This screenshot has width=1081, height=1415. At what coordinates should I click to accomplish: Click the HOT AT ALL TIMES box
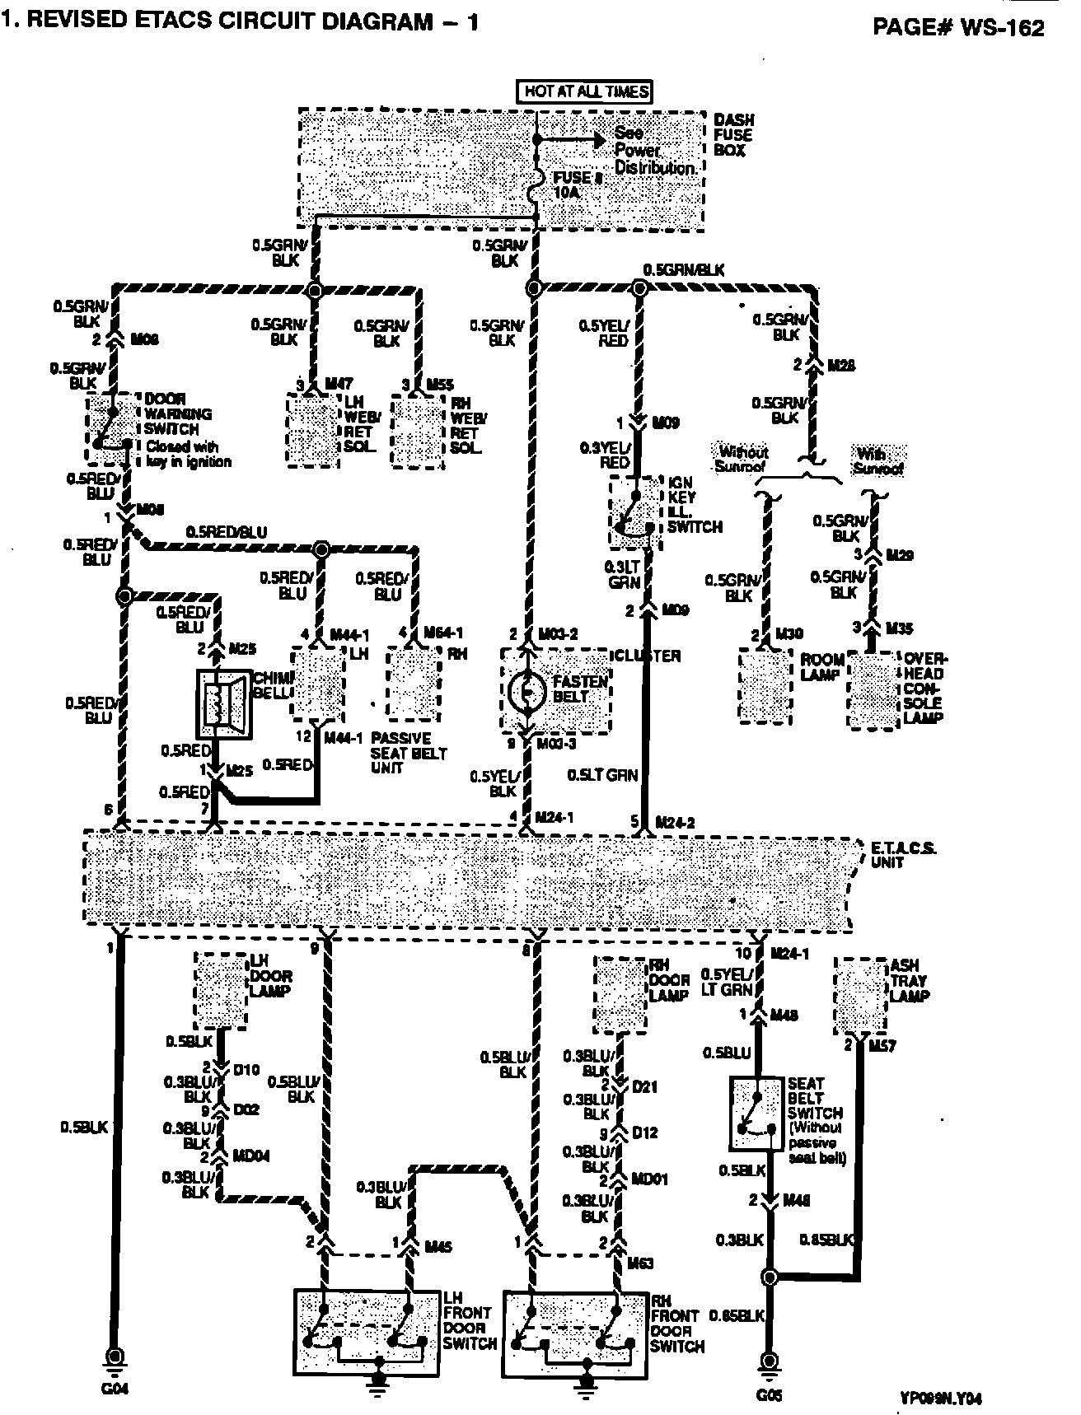click(x=584, y=91)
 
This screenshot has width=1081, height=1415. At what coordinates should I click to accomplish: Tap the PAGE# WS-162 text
click(x=958, y=27)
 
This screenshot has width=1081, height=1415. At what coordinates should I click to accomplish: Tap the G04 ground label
click(x=114, y=1388)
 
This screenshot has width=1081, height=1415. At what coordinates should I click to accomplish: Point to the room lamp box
click(x=765, y=685)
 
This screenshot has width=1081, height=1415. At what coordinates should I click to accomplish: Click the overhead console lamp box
click(x=874, y=689)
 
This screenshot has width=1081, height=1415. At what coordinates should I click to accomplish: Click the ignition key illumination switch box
click(x=635, y=511)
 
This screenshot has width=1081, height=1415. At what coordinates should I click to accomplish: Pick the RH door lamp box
click(x=620, y=994)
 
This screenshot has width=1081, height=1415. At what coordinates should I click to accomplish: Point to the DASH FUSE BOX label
click(x=732, y=135)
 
